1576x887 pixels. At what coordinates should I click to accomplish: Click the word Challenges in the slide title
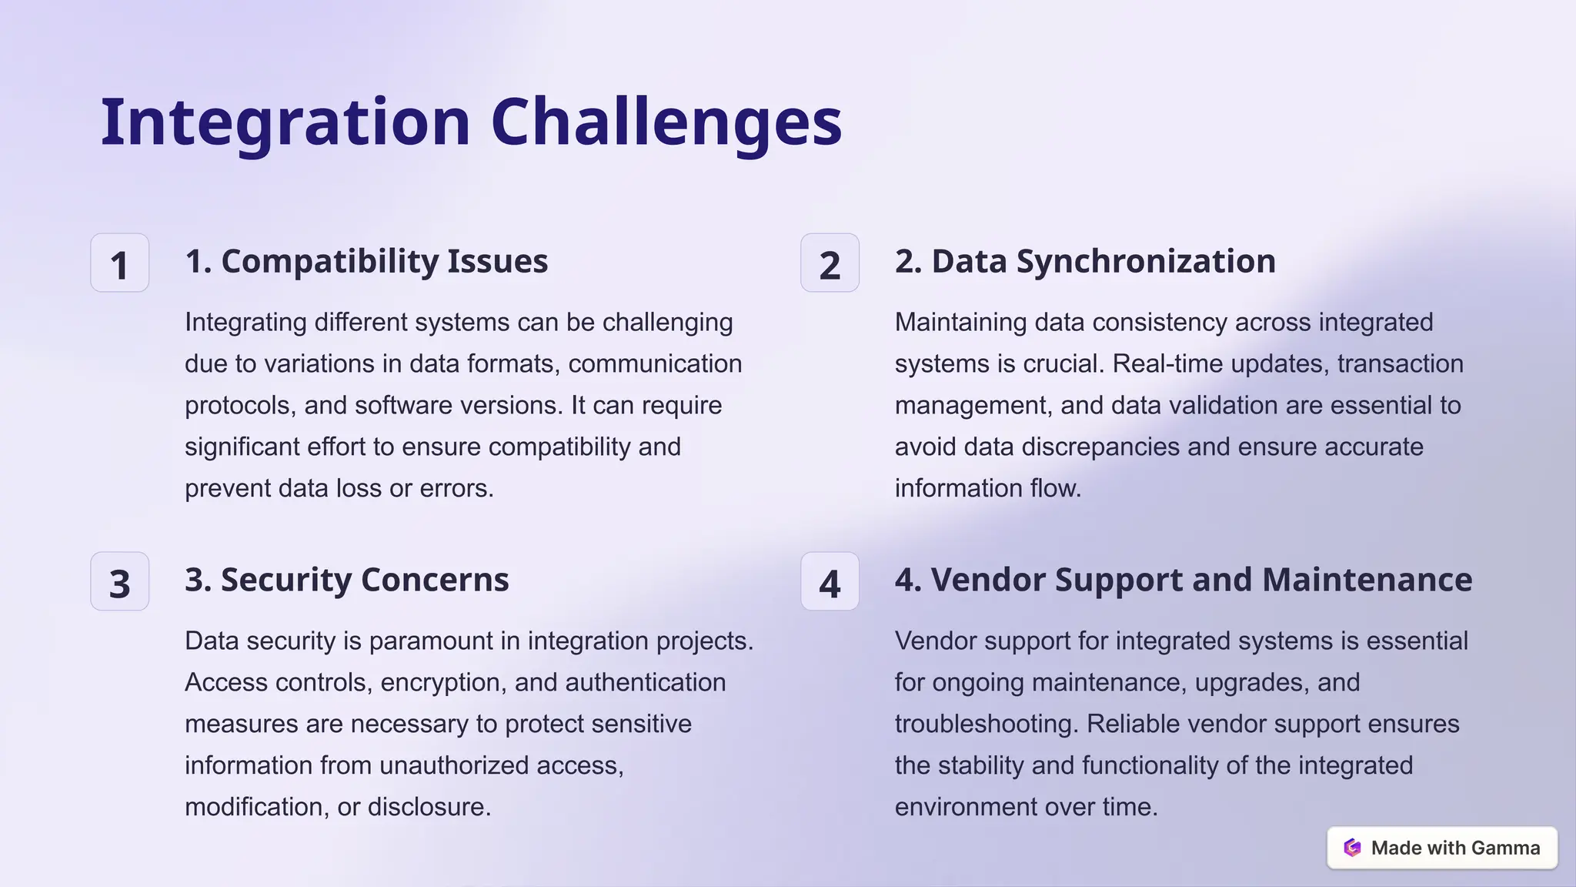click(666, 123)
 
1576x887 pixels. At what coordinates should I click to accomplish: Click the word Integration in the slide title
click(285, 123)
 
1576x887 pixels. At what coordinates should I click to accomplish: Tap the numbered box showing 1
click(119, 263)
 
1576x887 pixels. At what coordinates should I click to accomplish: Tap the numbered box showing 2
click(830, 263)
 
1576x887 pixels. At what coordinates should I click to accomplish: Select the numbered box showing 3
click(119, 582)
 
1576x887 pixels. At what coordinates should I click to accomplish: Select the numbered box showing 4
click(830, 582)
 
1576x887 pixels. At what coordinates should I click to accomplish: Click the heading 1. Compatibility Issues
click(366, 262)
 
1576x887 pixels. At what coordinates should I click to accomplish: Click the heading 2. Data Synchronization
click(1085, 262)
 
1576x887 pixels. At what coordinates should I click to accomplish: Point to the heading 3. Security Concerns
click(346, 581)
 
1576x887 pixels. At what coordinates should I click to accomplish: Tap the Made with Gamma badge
click(1442, 848)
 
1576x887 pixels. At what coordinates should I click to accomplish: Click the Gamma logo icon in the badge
click(1352, 848)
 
